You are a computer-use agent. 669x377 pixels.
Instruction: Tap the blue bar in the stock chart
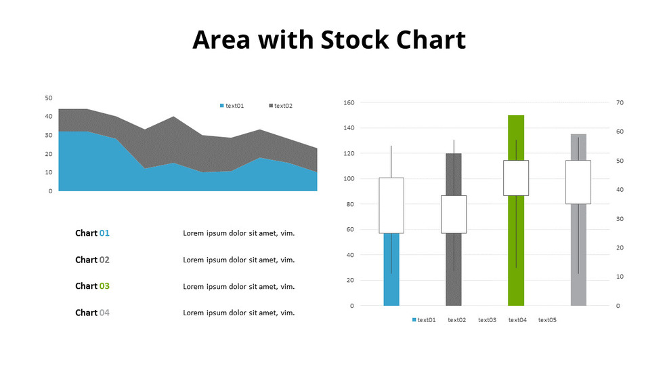[391, 271]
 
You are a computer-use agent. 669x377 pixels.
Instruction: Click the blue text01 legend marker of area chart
[221, 106]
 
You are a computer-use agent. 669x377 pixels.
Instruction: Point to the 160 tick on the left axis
[349, 103]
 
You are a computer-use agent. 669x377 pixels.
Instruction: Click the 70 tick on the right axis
[620, 103]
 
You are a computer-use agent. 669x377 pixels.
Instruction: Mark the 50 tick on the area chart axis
[48, 98]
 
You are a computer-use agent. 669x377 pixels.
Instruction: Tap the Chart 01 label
[92, 233]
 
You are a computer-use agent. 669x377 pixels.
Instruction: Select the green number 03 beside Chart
[104, 286]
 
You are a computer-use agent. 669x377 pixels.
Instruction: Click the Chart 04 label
[92, 313]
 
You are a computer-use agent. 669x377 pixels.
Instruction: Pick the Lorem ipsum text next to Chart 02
[239, 260]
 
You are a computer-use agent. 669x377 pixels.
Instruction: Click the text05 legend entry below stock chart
[547, 320]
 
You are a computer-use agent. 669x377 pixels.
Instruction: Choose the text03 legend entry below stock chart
[487, 320]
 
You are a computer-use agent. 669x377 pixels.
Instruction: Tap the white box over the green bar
[516, 178]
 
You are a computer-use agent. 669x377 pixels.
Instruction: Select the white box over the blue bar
[391, 205]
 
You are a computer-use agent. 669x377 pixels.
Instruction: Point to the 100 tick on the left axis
[349, 179]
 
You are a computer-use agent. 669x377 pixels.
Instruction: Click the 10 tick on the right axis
[620, 277]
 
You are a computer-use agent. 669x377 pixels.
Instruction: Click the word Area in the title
[222, 40]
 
